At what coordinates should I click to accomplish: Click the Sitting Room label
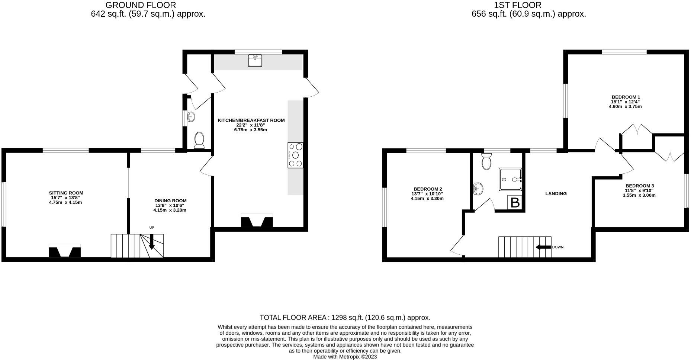click(66, 193)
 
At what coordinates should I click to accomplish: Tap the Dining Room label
click(170, 201)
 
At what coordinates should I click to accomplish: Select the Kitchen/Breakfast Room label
click(251, 120)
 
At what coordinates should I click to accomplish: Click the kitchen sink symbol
click(255, 60)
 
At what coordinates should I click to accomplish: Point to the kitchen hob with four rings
click(295, 155)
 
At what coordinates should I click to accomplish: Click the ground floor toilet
click(199, 139)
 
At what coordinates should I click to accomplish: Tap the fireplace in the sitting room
click(65, 251)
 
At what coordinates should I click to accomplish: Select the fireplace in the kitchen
click(257, 221)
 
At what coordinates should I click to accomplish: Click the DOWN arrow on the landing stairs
click(543, 247)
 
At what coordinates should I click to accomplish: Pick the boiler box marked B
click(515, 203)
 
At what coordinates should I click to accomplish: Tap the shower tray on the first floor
click(510, 179)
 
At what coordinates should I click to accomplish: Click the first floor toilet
click(486, 161)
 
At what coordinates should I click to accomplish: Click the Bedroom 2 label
click(428, 189)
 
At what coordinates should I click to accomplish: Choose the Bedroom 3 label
click(639, 186)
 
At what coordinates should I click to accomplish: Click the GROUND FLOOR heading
click(141, 5)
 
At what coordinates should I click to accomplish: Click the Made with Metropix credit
click(345, 357)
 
